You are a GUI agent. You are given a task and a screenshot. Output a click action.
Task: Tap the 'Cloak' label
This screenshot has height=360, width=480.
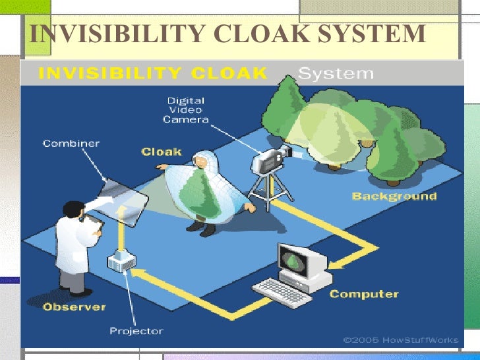point(162,152)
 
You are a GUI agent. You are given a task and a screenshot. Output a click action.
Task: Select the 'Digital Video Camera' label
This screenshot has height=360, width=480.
point(187,110)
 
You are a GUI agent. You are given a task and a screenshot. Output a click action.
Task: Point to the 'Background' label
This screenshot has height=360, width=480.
point(394,196)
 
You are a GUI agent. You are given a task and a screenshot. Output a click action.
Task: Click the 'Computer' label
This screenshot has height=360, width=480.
point(364,294)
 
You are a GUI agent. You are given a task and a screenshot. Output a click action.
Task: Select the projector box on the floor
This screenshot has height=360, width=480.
point(121,261)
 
